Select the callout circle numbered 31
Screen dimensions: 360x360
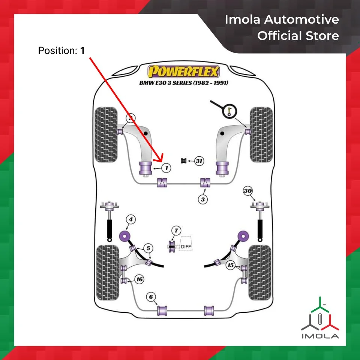pos(199,161)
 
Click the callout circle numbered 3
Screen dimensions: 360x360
pos(203,199)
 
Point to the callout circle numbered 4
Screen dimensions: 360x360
pos(130,219)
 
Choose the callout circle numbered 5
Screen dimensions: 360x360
pos(148,248)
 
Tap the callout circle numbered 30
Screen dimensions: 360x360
pos(247,191)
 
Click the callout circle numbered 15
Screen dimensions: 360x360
pos(231,265)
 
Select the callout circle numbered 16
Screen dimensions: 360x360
pos(139,279)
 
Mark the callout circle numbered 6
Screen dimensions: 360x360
pos(151,297)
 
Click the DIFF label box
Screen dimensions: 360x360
pos(186,246)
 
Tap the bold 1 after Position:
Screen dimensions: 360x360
pos(83,51)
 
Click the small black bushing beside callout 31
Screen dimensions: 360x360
pos(184,161)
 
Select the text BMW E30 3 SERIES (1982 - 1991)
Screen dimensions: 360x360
pos(184,82)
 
